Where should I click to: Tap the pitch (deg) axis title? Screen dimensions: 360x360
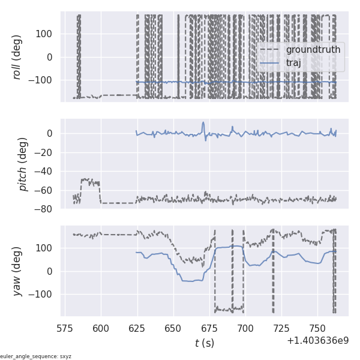pos(23,164)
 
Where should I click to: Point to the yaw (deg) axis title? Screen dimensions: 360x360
pos(18,271)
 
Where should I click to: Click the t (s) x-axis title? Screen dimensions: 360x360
pos(204,343)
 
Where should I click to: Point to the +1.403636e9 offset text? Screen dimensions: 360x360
pos(317,340)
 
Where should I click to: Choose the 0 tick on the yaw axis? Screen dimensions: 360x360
pos(52,271)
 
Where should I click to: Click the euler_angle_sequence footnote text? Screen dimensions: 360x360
pos(36,356)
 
